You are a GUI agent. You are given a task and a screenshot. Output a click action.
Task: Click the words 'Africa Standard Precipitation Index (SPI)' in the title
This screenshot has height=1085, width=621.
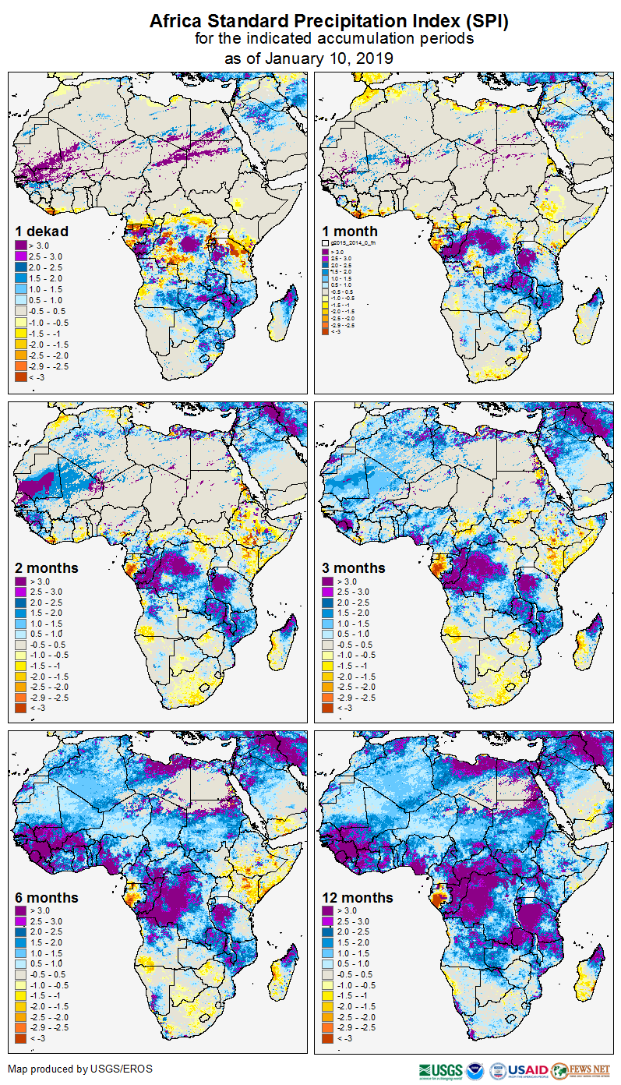tap(329, 22)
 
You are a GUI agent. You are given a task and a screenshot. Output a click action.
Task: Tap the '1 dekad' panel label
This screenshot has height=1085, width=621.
tap(42, 231)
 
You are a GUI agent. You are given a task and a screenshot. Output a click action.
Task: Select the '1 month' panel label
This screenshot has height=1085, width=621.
tap(350, 231)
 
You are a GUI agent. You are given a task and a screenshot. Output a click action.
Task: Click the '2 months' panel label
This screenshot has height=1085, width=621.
tap(46, 567)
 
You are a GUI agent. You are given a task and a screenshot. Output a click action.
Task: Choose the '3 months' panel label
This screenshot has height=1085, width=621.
tap(354, 567)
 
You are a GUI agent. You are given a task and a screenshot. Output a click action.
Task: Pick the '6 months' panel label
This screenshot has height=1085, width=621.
tap(46, 897)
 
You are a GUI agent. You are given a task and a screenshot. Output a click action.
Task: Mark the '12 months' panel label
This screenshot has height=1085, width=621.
tap(358, 897)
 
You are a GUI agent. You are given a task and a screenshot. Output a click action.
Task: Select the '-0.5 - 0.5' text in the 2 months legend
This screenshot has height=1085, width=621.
tap(49, 645)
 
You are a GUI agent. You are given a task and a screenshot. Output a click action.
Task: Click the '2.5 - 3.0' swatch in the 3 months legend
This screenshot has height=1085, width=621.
tap(327, 592)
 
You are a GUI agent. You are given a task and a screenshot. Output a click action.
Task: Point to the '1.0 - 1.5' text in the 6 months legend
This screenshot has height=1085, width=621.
tap(48, 953)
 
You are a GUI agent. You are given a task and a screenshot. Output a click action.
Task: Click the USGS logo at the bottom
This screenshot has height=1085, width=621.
tap(440, 1069)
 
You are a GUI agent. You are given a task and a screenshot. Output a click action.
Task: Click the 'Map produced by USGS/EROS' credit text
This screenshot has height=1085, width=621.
tap(80, 1069)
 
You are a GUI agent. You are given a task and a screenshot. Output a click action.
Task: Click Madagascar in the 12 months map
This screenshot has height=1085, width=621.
tap(591, 967)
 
